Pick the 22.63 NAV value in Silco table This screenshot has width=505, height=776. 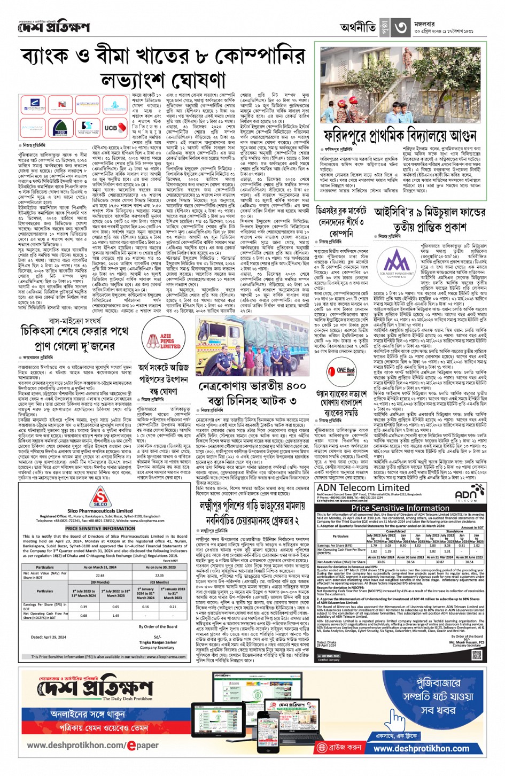click(100, 575)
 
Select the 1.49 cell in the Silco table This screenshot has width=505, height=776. click(116, 615)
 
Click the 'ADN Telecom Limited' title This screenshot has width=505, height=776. click(363, 488)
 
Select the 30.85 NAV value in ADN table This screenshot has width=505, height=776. click(381, 562)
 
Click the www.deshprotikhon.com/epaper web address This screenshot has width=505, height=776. click(93, 745)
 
